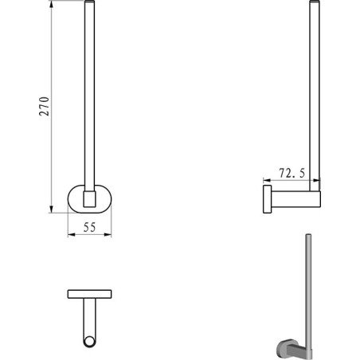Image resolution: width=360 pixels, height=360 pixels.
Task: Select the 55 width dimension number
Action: [89, 227]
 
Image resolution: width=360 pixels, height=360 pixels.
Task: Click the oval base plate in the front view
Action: [75, 198]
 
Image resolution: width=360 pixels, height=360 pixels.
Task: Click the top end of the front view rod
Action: [89, 5]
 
